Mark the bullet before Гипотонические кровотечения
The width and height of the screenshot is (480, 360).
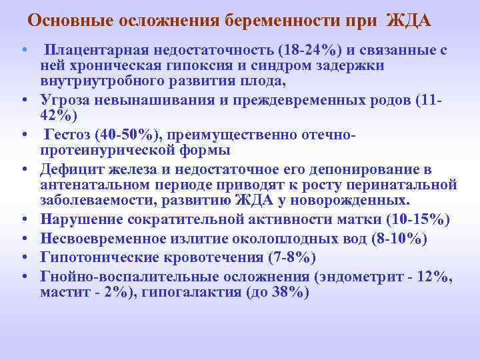pyautogui.click(x=23, y=258)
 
